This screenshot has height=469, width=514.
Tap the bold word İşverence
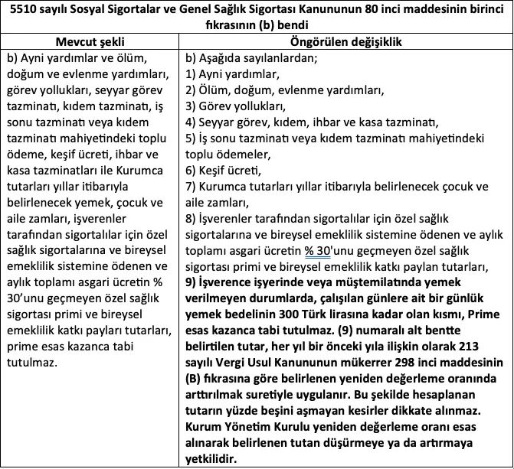[226, 282]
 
